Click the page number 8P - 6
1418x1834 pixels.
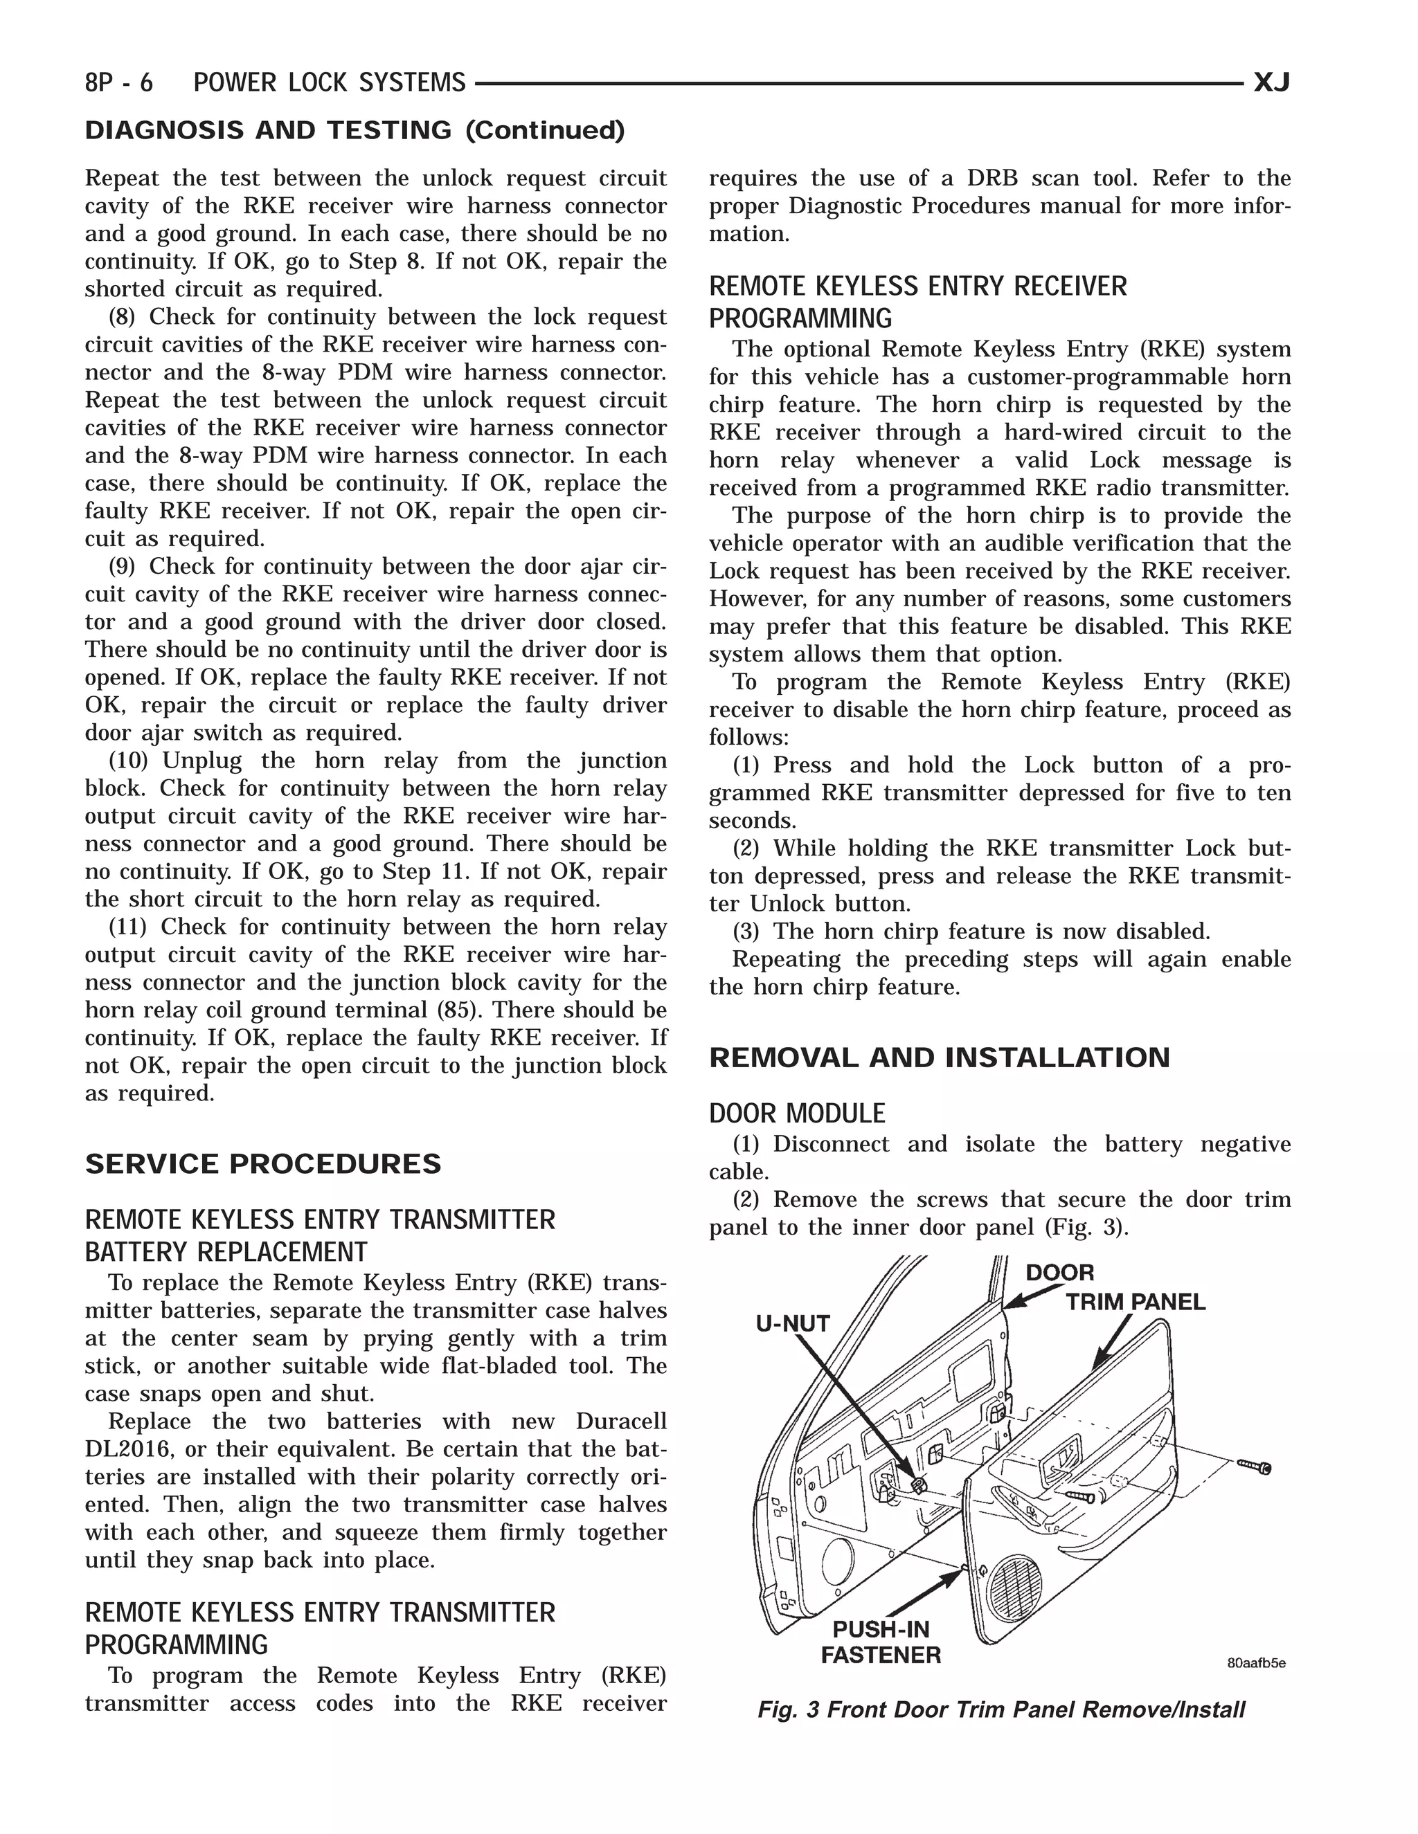point(118,82)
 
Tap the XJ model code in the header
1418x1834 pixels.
point(1271,82)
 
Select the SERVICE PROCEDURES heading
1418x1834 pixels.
point(263,1164)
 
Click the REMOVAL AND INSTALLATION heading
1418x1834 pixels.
point(938,1057)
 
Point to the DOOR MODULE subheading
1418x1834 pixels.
point(796,1114)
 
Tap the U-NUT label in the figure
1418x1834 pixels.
point(792,1323)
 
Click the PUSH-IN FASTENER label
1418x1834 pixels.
point(881,1642)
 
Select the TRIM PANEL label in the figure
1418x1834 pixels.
point(1135,1302)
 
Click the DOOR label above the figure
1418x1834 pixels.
point(1059,1273)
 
